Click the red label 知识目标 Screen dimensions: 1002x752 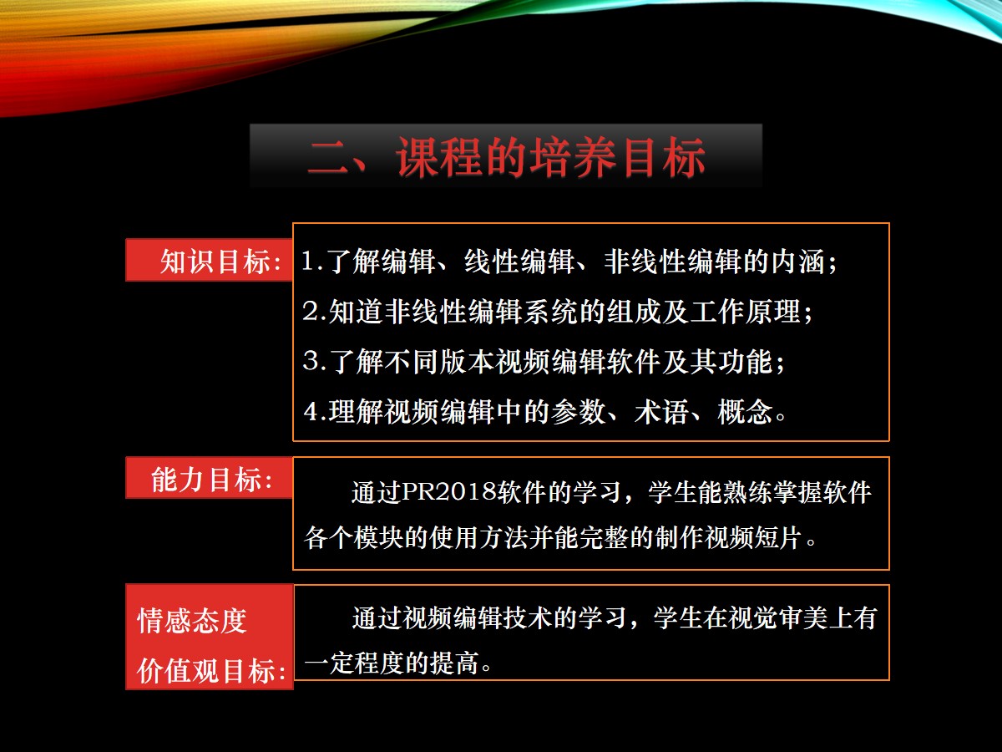click(215, 262)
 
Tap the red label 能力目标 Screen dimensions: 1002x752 click(206, 480)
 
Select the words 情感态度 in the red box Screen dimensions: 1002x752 click(192, 621)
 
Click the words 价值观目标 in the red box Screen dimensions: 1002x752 click(206, 671)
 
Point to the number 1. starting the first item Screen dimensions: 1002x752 click(312, 262)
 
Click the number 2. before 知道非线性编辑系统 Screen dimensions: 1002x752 click(314, 312)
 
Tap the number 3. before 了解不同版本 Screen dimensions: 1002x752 click(314, 361)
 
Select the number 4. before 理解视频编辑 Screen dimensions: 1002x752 click(315, 411)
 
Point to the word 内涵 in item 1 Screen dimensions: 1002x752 click(798, 262)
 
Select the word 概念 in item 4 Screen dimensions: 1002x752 click(745, 411)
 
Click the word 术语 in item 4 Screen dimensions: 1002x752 click(661, 411)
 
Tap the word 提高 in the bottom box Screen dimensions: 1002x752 click(456, 663)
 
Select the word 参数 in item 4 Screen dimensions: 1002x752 click(579, 411)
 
